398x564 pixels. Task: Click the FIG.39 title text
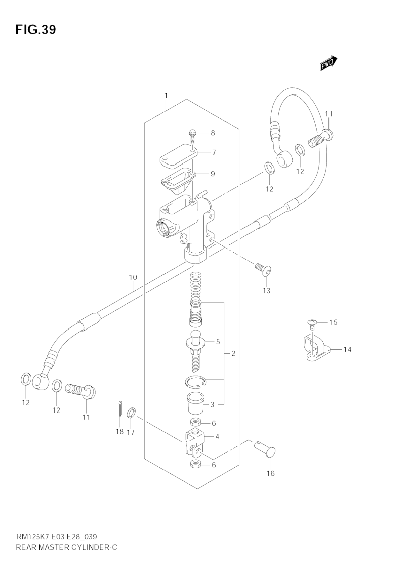36,29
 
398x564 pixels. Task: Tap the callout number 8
213,133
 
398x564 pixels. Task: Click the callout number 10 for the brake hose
133,277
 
